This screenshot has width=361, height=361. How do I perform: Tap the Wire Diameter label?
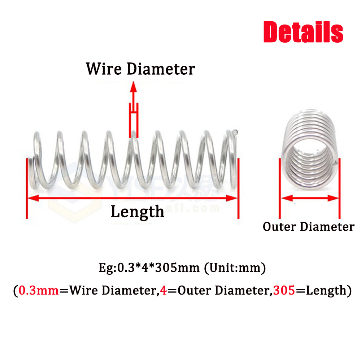(140, 69)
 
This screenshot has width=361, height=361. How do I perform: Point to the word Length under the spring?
(137, 211)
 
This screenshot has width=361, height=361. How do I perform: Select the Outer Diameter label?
(308, 227)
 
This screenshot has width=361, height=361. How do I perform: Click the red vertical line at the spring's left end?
(27, 188)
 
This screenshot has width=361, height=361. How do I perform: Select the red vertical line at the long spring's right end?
(238, 188)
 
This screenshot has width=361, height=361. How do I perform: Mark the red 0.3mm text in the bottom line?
(39, 290)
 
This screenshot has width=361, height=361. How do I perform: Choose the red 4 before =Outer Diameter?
(164, 290)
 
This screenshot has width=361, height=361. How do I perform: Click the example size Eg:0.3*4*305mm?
(149, 268)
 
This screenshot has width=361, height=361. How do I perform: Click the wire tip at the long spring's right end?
(235, 133)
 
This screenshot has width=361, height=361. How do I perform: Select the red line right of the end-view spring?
(339, 188)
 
